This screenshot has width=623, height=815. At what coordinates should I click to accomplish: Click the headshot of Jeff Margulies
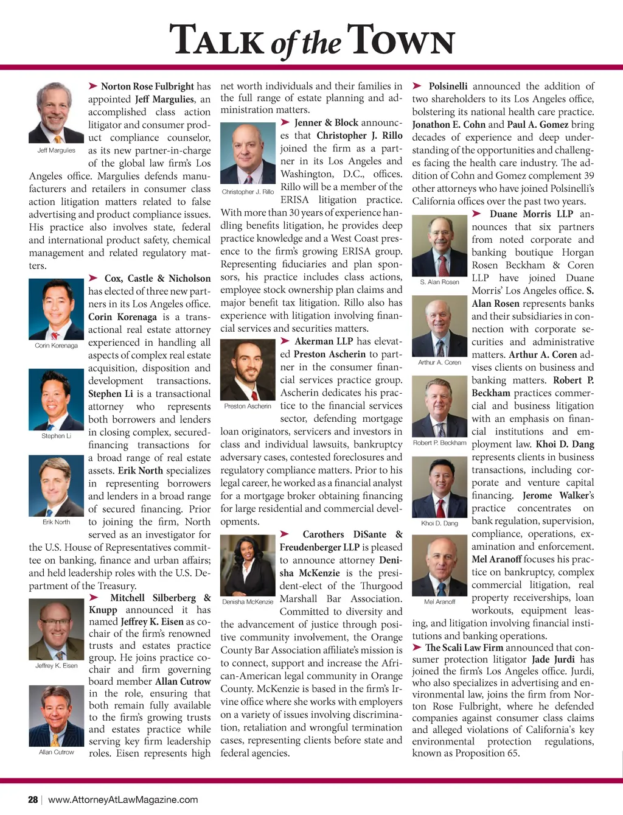click(x=56, y=113)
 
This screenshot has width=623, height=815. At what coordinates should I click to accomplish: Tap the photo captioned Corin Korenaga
click(x=56, y=309)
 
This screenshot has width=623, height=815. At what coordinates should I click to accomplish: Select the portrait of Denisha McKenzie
click(x=248, y=565)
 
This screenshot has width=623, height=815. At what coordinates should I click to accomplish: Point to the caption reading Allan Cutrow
click(x=56, y=752)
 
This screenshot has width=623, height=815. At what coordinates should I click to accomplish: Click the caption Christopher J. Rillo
click(x=248, y=192)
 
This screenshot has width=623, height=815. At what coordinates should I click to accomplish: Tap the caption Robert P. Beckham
click(x=440, y=442)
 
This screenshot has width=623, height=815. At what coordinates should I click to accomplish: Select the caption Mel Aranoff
click(x=440, y=601)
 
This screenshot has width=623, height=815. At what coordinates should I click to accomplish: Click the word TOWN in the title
click(x=402, y=41)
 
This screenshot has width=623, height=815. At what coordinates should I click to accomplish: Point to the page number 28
click(x=33, y=799)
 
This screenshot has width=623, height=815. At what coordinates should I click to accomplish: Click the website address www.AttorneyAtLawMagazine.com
click(x=123, y=799)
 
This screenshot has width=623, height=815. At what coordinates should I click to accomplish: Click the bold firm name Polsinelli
click(x=448, y=86)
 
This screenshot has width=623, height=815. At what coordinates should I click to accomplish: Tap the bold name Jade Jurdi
click(x=553, y=659)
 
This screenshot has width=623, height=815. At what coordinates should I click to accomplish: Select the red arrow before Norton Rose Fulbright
click(x=93, y=86)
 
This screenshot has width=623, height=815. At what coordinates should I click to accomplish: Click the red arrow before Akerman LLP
click(x=285, y=341)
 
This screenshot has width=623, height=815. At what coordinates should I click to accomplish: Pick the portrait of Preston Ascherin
click(x=248, y=369)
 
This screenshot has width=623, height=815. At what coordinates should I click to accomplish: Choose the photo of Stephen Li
click(x=56, y=399)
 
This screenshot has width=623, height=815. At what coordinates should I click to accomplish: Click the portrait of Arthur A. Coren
click(x=440, y=326)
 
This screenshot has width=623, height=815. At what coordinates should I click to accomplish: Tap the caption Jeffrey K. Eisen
click(x=56, y=665)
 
